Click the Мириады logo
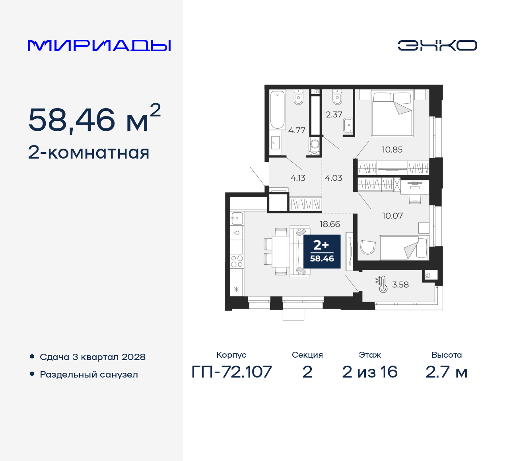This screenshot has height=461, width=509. pyautogui.click(x=99, y=45)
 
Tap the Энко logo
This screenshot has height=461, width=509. pyautogui.click(x=437, y=45)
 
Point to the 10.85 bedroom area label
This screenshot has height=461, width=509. pyautogui.click(x=392, y=150)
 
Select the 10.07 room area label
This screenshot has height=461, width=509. pyautogui.click(x=392, y=216)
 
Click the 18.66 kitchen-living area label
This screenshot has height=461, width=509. pyautogui.click(x=330, y=224)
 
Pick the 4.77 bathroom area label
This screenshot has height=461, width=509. pyautogui.click(x=297, y=130)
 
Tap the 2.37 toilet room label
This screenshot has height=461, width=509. pyautogui.click(x=334, y=114)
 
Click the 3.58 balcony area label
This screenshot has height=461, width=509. pyautogui.click(x=400, y=285)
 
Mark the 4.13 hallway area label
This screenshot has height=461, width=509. pyautogui.click(x=298, y=178)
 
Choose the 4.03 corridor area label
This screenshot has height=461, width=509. pyautogui.click(x=333, y=178)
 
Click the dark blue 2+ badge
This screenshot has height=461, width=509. pyautogui.click(x=322, y=252)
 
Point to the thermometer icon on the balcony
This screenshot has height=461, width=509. pyautogui.click(x=382, y=284)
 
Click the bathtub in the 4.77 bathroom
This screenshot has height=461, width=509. pyautogui.click(x=278, y=110)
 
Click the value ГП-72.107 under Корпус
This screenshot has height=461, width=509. pyautogui.click(x=231, y=372)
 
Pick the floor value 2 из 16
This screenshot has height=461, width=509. pyautogui.click(x=369, y=372)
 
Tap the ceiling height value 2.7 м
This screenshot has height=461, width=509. pyautogui.click(x=446, y=372)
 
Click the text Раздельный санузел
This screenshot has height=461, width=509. pyautogui.click(x=89, y=374)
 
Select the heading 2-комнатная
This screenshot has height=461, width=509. pyautogui.click(x=89, y=153)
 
